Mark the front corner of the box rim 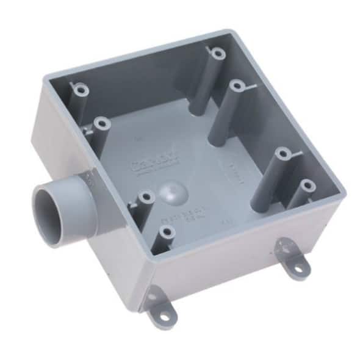(149, 256)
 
